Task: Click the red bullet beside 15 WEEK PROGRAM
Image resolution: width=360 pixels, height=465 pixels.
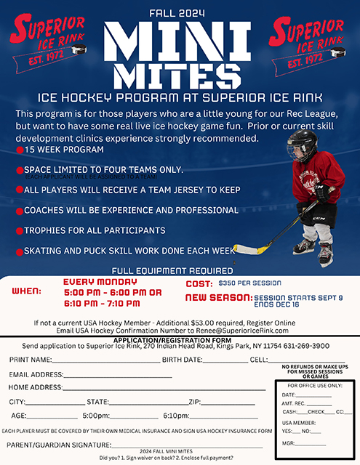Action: point(20,150)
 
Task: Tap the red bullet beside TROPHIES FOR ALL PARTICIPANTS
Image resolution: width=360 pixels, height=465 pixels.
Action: point(20,231)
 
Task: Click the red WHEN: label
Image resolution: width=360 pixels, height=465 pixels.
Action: point(27,291)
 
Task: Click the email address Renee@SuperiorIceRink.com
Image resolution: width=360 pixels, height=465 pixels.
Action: point(237,330)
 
